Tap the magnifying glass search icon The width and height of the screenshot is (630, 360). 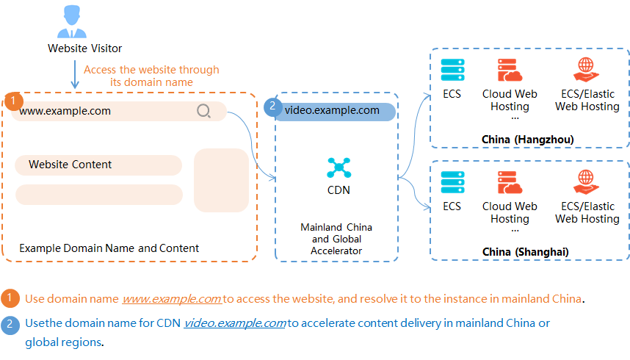pyautogui.click(x=203, y=111)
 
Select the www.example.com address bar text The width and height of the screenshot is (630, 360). pyautogui.click(x=65, y=111)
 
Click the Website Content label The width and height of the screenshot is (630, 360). pyautogui.click(x=70, y=165)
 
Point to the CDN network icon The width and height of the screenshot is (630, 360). pyautogui.click(x=338, y=168)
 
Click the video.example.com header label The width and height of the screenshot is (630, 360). pyautogui.click(x=332, y=111)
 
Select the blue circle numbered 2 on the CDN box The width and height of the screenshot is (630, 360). pyautogui.click(x=272, y=107)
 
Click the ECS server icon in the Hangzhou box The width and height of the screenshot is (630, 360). pyautogui.click(x=452, y=70)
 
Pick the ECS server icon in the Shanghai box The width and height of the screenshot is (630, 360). pyautogui.click(x=452, y=181)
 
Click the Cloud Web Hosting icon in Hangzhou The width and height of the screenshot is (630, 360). pyautogui.click(x=509, y=70)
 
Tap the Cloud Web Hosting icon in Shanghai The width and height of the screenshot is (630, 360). pyautogui.click(x=509, y=181)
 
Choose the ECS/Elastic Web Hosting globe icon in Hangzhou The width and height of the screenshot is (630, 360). pyautogui.click(x=586, y=70)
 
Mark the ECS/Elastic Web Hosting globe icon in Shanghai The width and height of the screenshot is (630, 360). pyautogui.click(x=586, y=181)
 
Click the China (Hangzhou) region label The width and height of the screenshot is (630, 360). pyautogui.click(x=527, y=140)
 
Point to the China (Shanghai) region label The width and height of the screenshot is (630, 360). pyautogui.click(x=526, y=252)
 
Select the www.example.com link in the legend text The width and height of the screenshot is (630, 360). pyautogui.click(x=172, y=299)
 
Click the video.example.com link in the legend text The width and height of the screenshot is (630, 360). pyautogui.click(x=235, y=323)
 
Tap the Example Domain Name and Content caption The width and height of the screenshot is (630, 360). pyautogui.click(x=109, y=248)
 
